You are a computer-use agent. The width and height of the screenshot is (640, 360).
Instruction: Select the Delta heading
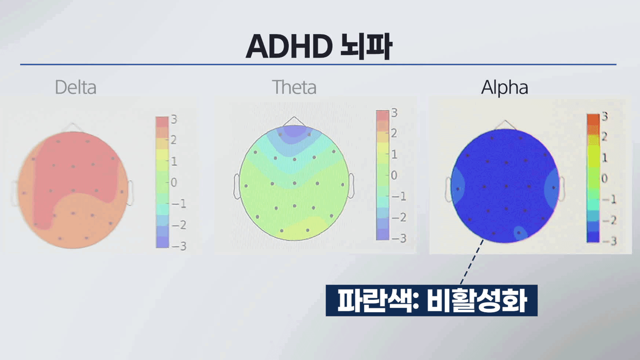76,87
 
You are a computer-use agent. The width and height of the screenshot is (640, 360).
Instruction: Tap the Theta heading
294,87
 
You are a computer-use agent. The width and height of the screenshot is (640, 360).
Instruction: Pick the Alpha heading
505,88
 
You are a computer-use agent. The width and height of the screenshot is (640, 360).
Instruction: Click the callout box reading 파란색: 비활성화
432,300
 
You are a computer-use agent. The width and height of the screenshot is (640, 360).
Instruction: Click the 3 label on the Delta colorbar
174,119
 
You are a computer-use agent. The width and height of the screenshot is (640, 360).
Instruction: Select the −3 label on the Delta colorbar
179,246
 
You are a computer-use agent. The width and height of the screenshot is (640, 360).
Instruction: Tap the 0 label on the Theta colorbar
394,175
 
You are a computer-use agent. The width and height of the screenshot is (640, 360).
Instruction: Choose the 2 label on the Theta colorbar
394,133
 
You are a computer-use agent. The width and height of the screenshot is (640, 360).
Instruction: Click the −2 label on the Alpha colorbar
610,220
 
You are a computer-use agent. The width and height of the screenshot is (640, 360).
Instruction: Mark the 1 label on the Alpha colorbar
605,158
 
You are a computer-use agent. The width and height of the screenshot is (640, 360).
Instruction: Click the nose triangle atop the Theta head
294,121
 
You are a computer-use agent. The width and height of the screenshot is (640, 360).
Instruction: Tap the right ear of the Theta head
351,186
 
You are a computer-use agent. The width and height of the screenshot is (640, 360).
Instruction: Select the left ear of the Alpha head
449,189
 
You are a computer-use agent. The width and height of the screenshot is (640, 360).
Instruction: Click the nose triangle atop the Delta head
72,127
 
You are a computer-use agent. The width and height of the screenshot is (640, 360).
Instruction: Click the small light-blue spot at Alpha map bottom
520,233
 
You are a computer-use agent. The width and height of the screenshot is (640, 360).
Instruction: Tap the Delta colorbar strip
162,182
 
